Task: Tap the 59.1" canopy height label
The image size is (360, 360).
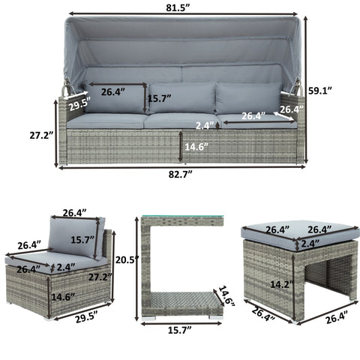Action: click(x=320, y=91)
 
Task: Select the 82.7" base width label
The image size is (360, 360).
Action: click(x=181, y=174)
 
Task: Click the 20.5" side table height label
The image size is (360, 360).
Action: click(x=126, y=260)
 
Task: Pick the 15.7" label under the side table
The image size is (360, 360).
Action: click(x=179, y=330)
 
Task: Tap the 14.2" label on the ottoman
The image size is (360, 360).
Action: click(x=282, y=284)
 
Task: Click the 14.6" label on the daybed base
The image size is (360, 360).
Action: click(x=196, y=146)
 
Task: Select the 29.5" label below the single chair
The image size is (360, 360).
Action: click(x=86, y=318)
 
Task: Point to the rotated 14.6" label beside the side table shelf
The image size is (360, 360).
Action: click(x=226, y=296)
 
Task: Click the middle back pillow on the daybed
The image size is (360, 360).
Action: click(x=182, y=98)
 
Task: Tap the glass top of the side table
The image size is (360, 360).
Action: click(x=183, y=216)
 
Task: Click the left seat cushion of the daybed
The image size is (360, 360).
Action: click(x=106, y=121)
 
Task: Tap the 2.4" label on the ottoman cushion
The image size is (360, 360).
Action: click(x=310, y=244)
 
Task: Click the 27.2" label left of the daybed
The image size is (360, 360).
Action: click(x=41, y=135)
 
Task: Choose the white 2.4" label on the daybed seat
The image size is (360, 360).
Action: click(x=205, y=125)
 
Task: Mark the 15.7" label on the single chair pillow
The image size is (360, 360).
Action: click(x=82, y=240)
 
